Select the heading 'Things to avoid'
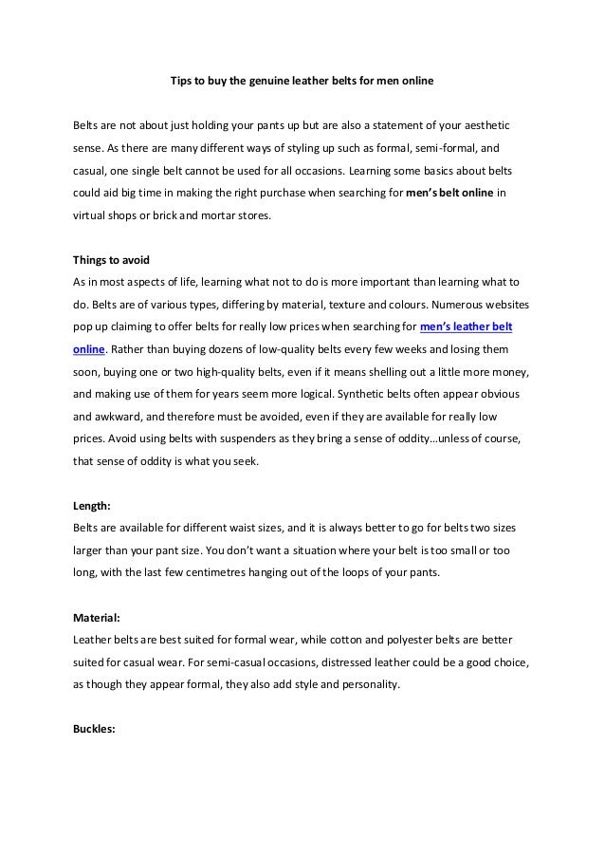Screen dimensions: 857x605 110,261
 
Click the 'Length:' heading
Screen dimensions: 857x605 93,505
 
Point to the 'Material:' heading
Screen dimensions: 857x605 98,617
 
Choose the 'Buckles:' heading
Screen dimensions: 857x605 96,730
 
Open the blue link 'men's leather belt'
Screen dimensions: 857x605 466,327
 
